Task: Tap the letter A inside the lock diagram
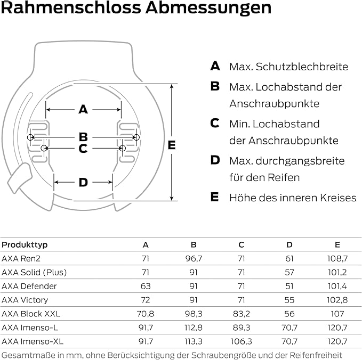coord(83,109)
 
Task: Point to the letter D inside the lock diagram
coord(83,182)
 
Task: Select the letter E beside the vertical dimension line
coord(172,145)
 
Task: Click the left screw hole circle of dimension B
coord(30,137)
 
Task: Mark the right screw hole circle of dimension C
coord(123,148)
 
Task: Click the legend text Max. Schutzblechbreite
coord(288,67)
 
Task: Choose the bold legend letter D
coord(215,160)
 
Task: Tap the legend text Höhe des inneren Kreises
coord(293,198)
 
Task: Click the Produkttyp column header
coord(25,244)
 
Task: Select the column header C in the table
coord(242,244)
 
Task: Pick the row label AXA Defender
coord(29,286)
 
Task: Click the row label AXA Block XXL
coord(31,314)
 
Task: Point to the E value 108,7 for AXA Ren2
coord(337,258)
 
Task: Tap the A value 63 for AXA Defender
coord(146,286)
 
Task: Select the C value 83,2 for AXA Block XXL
coord(242,314)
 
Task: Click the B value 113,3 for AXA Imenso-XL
coord(194,341)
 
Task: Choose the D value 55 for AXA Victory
coord(289,300)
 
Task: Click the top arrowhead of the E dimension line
coord(171,86)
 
